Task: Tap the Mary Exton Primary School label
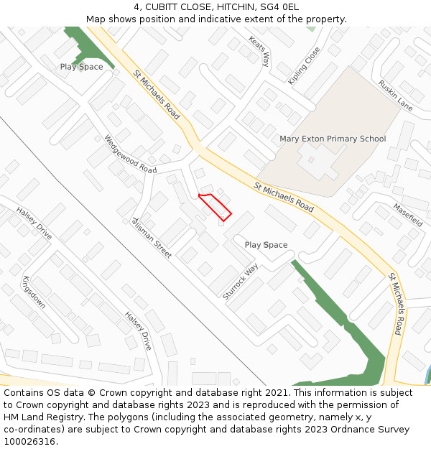click(333, 139)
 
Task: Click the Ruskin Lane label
click(396, 95)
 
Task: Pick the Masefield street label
click(407, 215)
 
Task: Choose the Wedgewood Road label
click(130, 154)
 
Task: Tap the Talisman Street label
click(152, 237)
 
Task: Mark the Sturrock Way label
click(240, 282)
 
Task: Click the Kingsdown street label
click(34, 292)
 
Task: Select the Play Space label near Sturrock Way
click(266, 245)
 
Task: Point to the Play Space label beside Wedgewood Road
click(81, 67)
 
